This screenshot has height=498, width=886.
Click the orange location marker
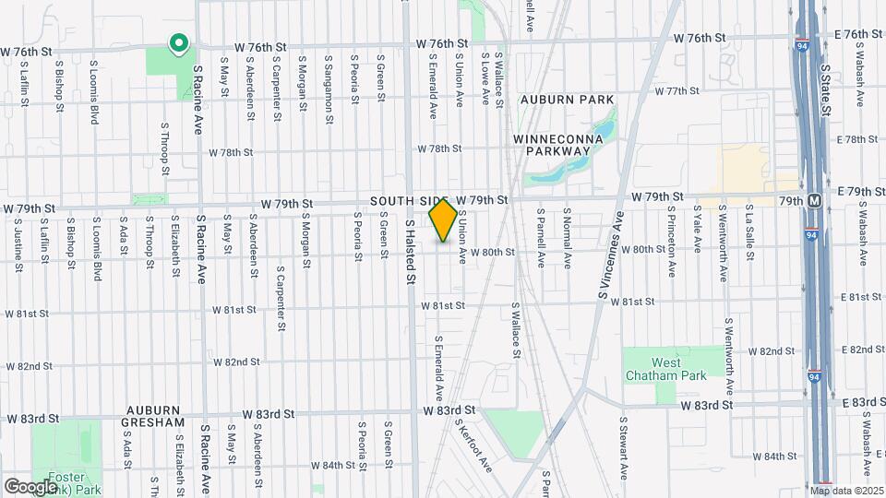coord(443,219)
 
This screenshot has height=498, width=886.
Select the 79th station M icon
coord(814,200)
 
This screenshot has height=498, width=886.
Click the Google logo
coord(30,486)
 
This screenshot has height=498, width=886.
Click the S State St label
coord(826,89)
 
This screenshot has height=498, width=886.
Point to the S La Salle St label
coord(751,235)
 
